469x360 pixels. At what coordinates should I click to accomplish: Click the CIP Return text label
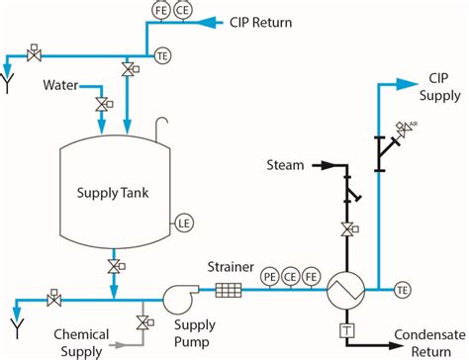tap(266, 20)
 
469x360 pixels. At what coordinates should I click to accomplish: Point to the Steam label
tap(285, 163)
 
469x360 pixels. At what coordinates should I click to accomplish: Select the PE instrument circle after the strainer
tap(269, 278)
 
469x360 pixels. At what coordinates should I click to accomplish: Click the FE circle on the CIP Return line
tap(161, 10)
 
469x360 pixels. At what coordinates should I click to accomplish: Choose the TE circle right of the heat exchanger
tap(402, 290)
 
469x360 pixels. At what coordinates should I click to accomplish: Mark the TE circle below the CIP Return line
tap(161, 56)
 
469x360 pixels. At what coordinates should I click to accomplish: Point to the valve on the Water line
tap(101, 103)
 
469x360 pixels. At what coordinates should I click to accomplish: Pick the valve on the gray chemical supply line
tap(143, 322)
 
